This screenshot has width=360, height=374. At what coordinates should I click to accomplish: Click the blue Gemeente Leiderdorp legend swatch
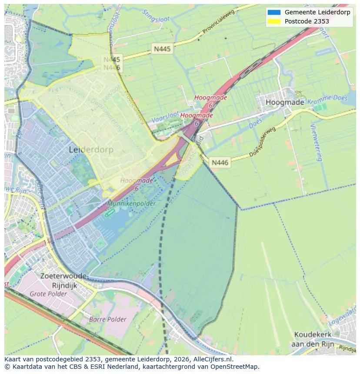pyautogui.click(x=274, y=12)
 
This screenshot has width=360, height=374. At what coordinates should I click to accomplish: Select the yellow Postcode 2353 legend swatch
pyautogui.click(x=274, y=21)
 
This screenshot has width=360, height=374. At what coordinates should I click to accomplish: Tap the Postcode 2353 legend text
pyautogui.click(x=307, y=21)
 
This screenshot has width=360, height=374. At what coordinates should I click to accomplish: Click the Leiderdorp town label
pyautogui.click(x=91, y=150)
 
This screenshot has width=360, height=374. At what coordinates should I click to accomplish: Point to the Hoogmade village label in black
pyautogui.click(x=285, y=103)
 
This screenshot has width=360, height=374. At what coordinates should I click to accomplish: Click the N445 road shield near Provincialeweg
pyautogui.click(x=162, y=49)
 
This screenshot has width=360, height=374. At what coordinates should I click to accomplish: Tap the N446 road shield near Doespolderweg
pyautogui.click(x=220, y=162)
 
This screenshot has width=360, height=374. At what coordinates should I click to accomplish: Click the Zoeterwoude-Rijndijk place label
pyautogui.click(x=64, y=280)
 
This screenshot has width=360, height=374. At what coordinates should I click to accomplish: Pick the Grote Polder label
pyautogui.click(x=48, y=294)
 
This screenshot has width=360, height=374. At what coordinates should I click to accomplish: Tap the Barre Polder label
pyautogui.click(x=107, y=319)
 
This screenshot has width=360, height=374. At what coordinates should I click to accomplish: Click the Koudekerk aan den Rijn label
pyautogui.click(x=313, y=339)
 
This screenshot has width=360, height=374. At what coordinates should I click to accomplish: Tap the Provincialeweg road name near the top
pyautogui.click(x=218, y=22)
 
